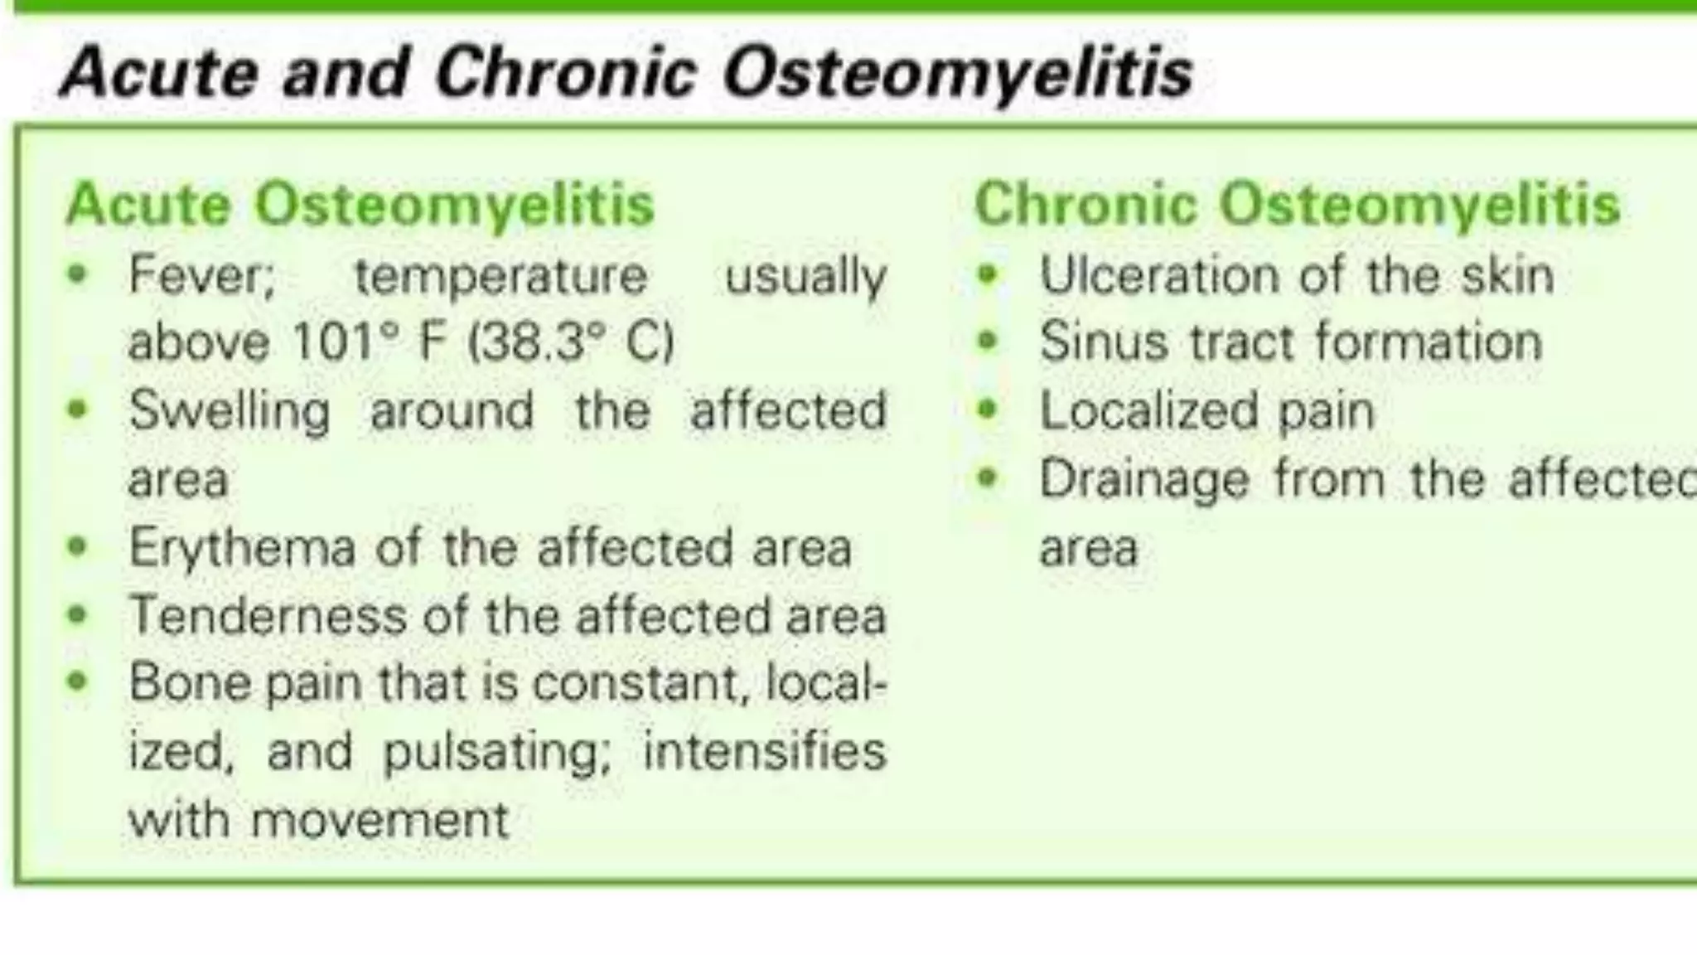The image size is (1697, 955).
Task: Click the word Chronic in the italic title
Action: click(x=566, y=73)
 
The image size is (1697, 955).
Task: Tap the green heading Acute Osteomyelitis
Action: click(x=360, y=205)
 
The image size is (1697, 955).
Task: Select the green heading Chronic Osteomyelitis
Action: click(x=1297, y=205)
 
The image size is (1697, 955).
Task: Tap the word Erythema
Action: click(x=242, y=548)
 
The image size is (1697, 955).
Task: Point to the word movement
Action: click(x=380, y=820)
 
